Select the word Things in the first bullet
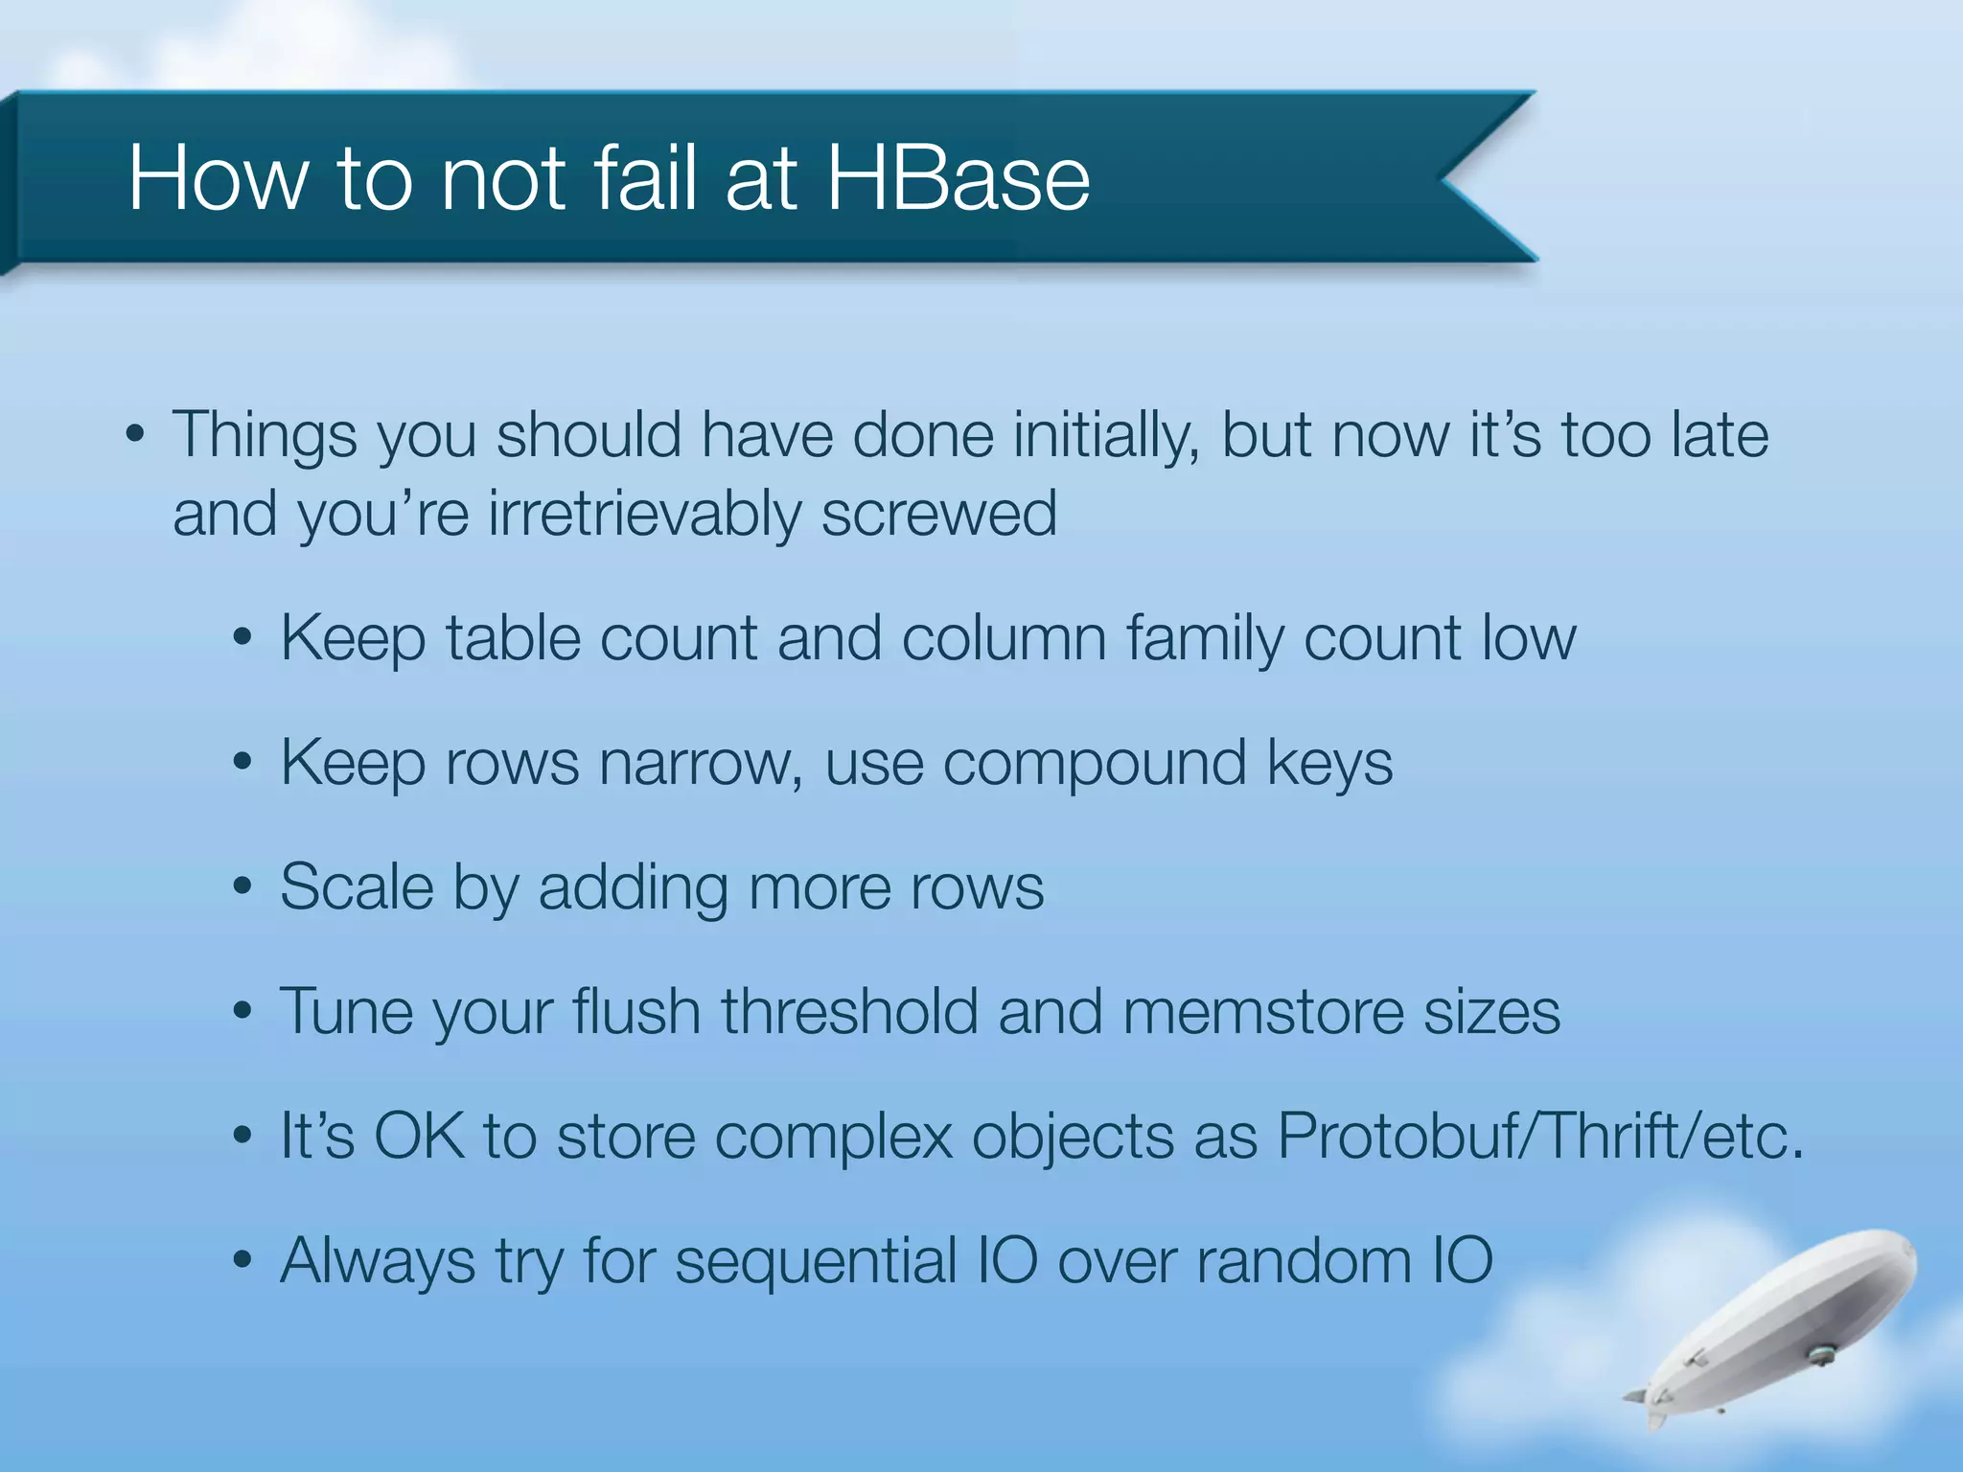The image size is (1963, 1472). coord(265,437)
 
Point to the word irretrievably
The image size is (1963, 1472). coord(643,515)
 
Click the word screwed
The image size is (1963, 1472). coord(939,515)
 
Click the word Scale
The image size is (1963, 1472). coord(357,887)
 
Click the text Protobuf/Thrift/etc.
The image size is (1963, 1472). coord(1540,1137)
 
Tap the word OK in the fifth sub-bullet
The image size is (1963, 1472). coord(419,1137)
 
